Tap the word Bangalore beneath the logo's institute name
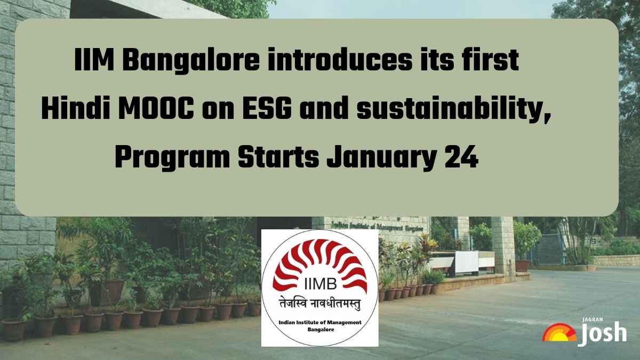pyautogui.click(x=320, y=330)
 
